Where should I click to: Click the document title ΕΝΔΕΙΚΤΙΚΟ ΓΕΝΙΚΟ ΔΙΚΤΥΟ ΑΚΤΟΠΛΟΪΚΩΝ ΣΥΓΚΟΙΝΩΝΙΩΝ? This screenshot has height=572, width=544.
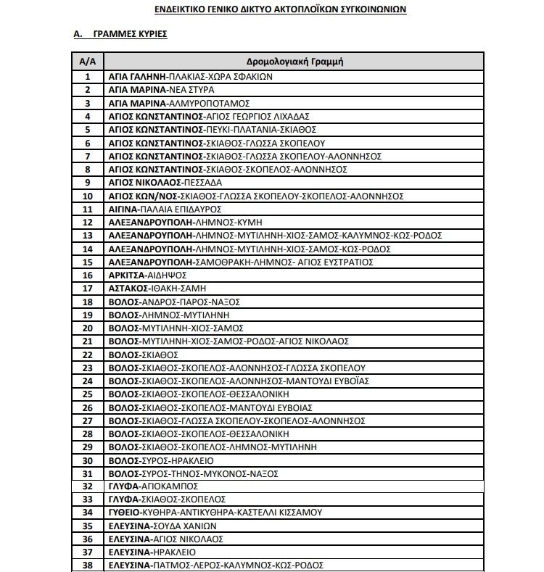point(280,10)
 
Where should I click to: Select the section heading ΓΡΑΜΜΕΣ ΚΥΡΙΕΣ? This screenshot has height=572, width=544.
point(131,34)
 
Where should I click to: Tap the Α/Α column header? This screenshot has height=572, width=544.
point(88,62)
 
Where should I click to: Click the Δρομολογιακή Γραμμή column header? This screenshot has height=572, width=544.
point(294,62)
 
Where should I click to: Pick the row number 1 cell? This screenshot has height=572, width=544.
point(88,77)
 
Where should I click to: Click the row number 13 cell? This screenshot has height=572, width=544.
point(88,236)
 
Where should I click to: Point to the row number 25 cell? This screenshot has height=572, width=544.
point(88,394)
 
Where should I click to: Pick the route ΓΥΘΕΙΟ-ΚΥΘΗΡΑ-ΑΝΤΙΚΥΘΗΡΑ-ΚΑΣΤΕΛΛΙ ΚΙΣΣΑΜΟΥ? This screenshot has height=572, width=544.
point(215,513)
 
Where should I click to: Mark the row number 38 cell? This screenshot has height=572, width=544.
point(88,565)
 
